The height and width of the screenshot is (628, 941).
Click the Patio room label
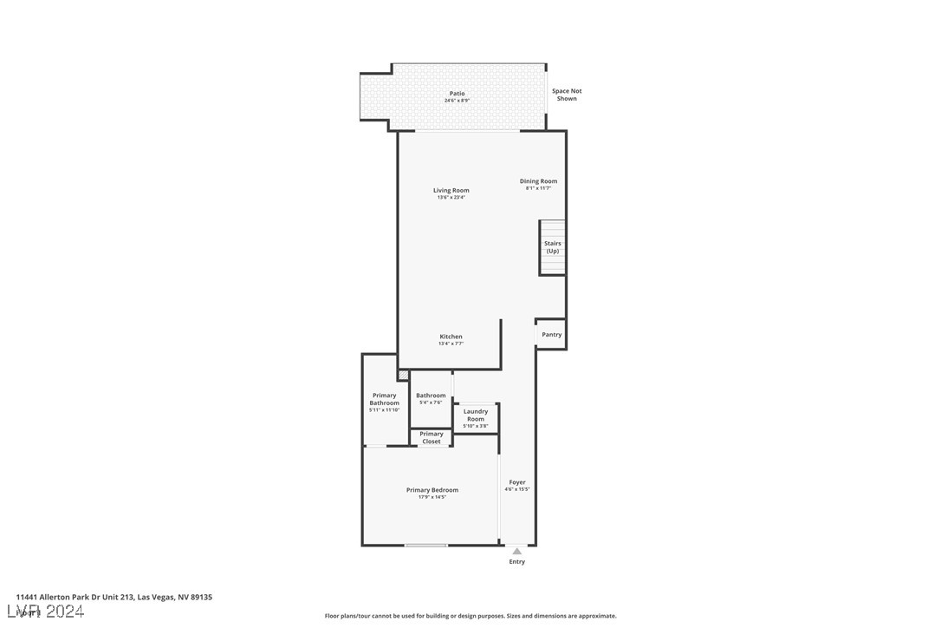pyautogui.click(x=457, y=94)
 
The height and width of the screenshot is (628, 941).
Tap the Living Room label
pyautogui.click(x=451, y=191)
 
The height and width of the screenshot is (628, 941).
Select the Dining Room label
pyautogui.click(x=538, y=181)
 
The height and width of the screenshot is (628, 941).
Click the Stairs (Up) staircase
pyautogui.click(x=553, y=247)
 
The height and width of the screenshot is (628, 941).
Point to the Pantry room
pyautogui.click(x=551, y=335)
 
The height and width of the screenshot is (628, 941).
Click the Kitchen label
pyautogui.click(x=451, y=337)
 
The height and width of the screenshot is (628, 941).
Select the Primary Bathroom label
pyautogui.click(x=385, y=399)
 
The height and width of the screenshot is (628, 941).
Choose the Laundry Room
pyautogui.click(x=476, y=415)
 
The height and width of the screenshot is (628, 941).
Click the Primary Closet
pyautogui.click(x=432, y=438)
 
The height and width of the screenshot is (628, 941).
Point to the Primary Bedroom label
pyautogui.click(x=432, y=490)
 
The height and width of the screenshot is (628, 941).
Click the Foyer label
pyautogui.click(x=517, y=482)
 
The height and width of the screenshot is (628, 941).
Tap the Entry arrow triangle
pyautogui.click(x=516, y=551)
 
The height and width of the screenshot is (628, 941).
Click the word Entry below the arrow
pyautogui.click(x=516, y=562)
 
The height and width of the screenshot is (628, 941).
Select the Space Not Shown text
pyautogui.click(x=567, y=95)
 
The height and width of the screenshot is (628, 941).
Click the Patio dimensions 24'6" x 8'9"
pyautogui.click(x=457, y=101)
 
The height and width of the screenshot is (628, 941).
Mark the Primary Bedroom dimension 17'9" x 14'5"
pyautogui.click(x=432, y=498)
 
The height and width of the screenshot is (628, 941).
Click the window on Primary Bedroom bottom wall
pyautogui.click(x=426, y=545)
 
